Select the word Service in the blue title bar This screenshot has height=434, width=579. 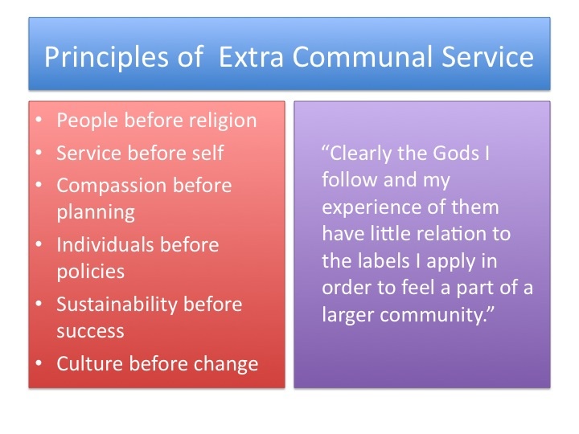click(487, 56)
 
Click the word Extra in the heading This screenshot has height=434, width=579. click(251, 56)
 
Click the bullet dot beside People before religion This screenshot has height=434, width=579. click(39, 120)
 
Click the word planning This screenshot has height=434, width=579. click(96, 213)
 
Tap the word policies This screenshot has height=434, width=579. click(90, 272)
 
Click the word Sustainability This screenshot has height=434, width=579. click(117, 305)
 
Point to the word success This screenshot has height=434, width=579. click(90, 331)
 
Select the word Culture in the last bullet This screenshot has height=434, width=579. click(90, 363)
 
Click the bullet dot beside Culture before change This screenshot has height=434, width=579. click(39, 362)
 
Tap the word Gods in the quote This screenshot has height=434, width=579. click(456, 153)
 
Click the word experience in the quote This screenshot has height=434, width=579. click(372, 208)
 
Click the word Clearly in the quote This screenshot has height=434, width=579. click(360, 154)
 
